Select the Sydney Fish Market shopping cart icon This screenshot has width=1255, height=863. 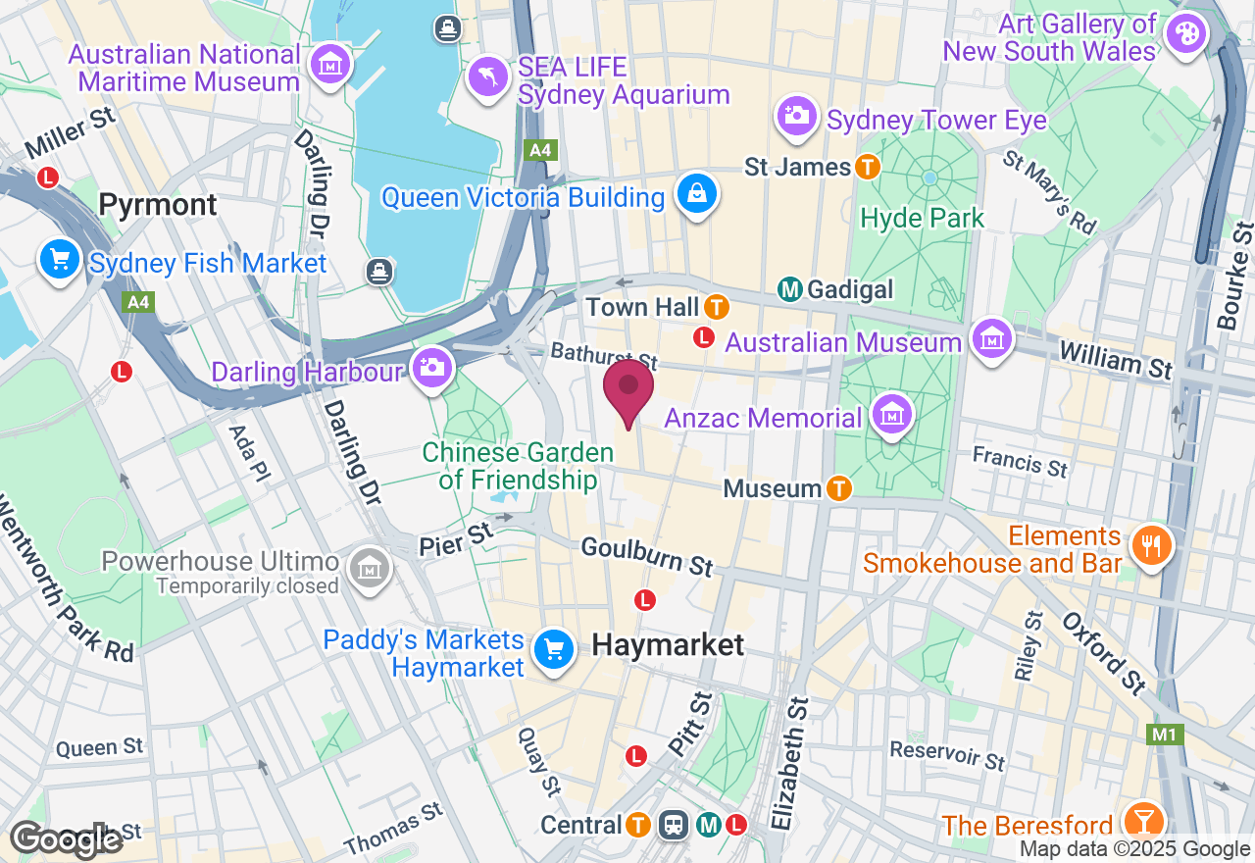(61, 261)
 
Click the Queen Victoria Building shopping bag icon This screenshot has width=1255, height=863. (696, 195)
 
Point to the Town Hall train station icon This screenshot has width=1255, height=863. (717, 307)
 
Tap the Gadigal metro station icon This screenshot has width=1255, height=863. (790, 289)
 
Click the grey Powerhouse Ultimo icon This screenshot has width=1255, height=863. (371, 567)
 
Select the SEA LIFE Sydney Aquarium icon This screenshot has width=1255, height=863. (487, 76)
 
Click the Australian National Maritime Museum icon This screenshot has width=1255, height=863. (330, 65)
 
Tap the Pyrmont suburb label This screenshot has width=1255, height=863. (158, 204)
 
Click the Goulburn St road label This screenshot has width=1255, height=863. (646, 555)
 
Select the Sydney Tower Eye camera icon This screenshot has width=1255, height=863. (798, 117)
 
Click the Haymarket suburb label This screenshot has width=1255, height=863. (668, 645)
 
